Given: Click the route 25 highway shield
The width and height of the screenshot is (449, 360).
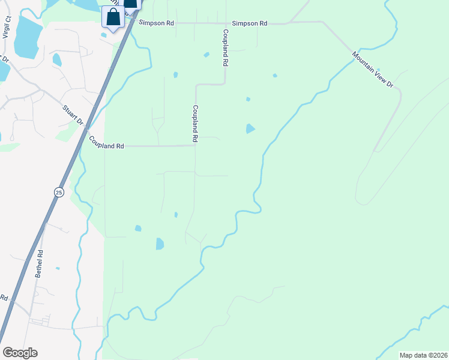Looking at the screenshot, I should (58, 192).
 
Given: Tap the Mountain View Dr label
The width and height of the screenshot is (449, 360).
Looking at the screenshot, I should (372, 70).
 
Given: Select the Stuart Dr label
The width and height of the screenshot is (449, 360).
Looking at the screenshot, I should (73, 116).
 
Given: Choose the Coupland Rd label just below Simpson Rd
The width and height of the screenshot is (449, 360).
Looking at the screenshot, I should (226, 47).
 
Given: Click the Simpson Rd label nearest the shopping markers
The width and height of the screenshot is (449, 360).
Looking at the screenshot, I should (156, 23).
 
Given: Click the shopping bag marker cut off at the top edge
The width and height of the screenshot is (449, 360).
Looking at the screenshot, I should (131, 4).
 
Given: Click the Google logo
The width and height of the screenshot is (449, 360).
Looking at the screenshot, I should (20, 353).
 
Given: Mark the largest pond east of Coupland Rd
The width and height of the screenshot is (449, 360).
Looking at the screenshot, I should (250, 128).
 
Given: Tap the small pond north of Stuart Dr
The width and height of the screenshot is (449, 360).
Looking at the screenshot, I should (57, 59).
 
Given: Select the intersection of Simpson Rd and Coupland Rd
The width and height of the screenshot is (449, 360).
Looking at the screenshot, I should (225, 23).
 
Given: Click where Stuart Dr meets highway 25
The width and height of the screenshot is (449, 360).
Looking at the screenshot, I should (88, 128).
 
